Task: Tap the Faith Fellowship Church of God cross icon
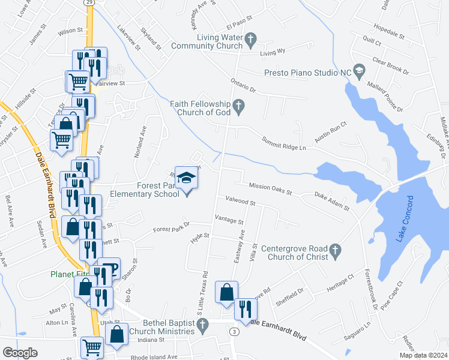239,108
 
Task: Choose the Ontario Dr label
243,85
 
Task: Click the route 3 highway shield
234,331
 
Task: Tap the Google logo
20,353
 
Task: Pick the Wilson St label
70,30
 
